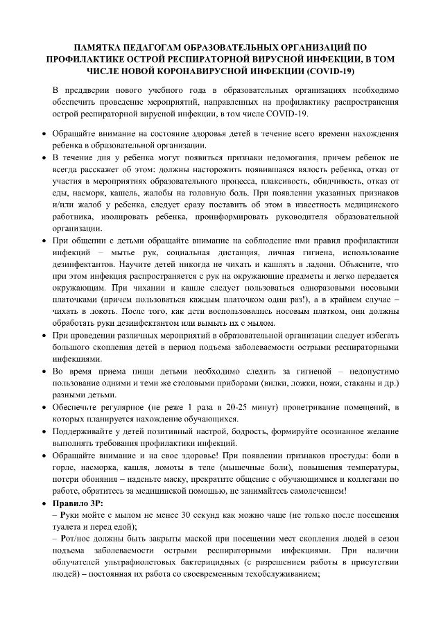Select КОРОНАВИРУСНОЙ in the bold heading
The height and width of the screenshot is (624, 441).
point(209,71)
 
